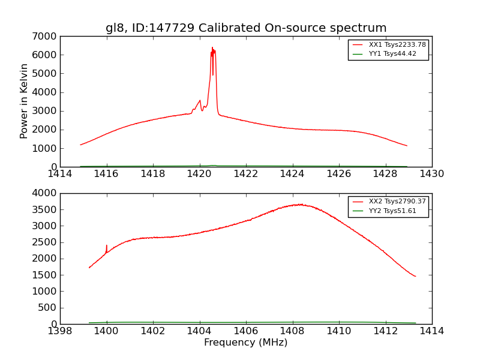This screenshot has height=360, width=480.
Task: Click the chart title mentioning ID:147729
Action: [x=246, y=28]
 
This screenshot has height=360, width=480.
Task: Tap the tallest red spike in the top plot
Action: [x=212, y=49]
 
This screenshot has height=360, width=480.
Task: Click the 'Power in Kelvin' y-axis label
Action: [x=25, y=101]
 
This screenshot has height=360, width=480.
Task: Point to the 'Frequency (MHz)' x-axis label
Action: [x=246, y=343]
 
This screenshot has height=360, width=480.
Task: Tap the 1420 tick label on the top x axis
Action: [x=199, y=174]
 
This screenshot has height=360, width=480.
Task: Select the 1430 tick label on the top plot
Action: [x=431, y=174]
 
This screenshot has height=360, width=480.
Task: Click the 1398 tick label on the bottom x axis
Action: [x=60, y=331]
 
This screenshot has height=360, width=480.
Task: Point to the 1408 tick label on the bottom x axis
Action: [x=292, y=331]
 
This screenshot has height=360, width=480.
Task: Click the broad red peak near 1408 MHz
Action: [x=299, y=205]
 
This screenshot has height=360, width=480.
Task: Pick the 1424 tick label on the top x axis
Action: [x=292, y=174]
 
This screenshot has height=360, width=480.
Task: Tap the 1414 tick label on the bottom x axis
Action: [x=431, y=331]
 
